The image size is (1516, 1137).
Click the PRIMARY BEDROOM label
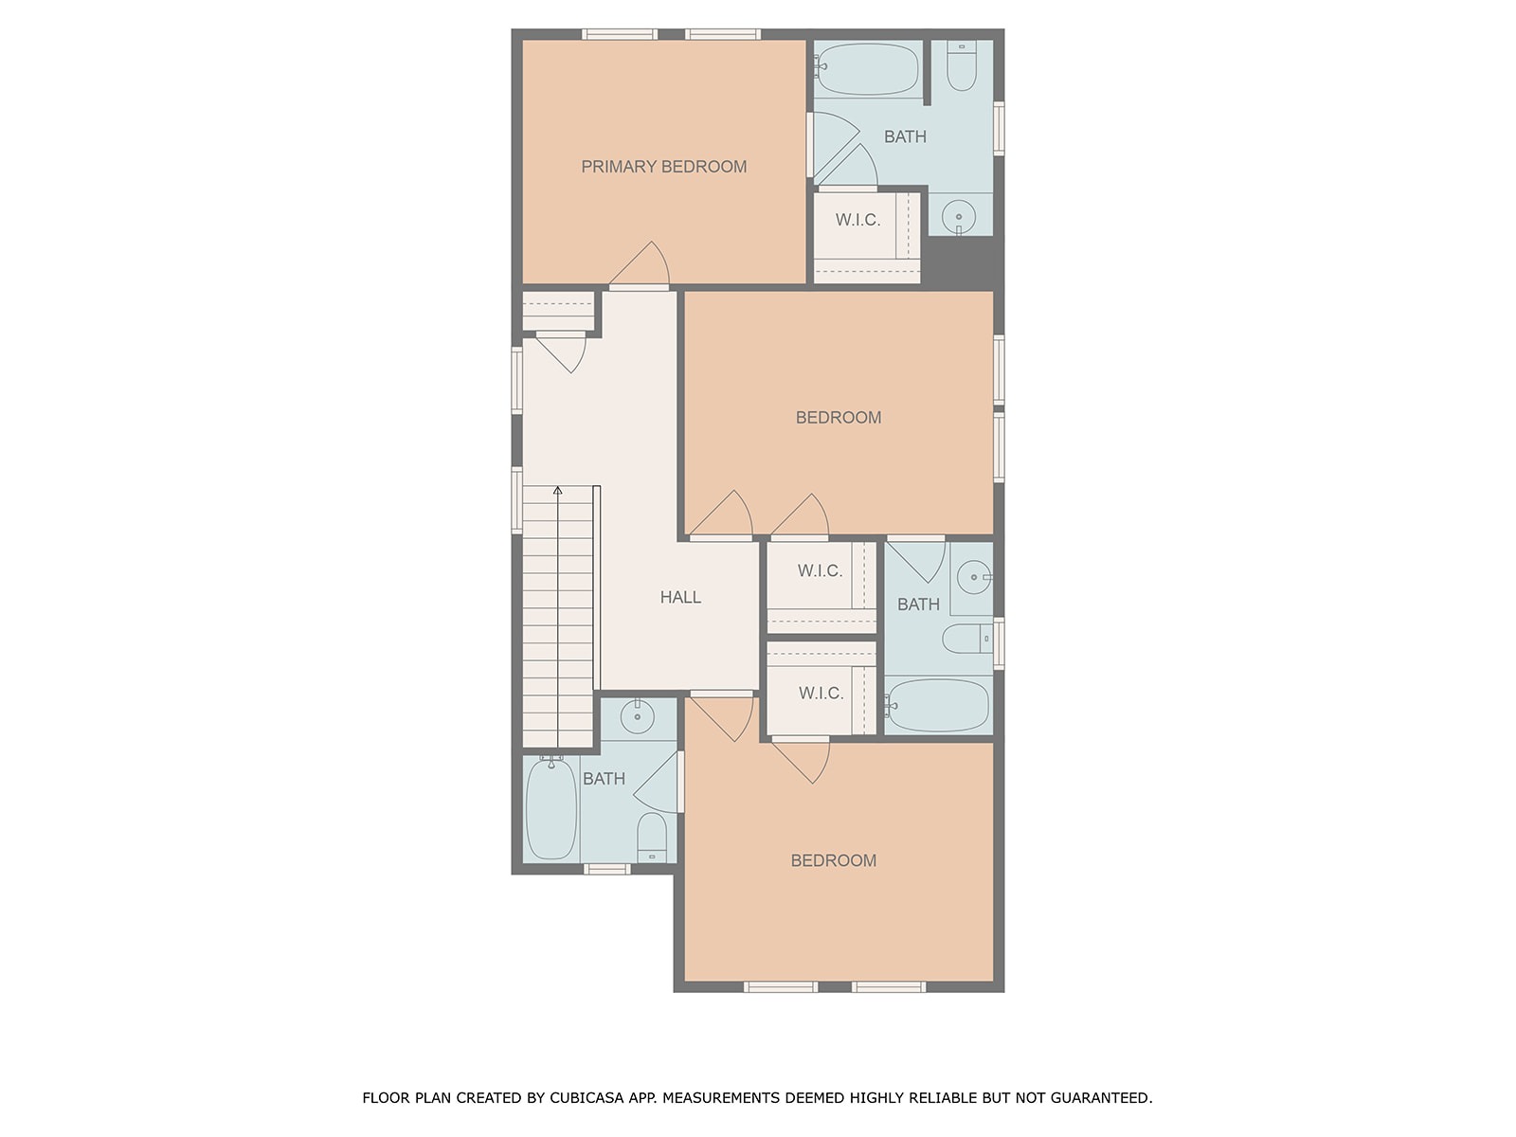click(x=663, y=167)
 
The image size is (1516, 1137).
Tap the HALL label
click(x=680, y=597)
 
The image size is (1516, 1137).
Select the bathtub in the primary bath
click(x=867, y=69)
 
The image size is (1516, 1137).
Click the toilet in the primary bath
click(x=961, y=66)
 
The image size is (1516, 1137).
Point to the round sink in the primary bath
click(x=958, y=217)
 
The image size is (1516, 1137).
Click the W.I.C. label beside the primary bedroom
click(x=857, y=220)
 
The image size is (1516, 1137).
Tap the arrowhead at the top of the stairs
click(x=557, y=491)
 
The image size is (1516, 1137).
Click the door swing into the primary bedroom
click(x=640, y=263)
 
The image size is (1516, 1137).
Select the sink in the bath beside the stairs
click(x=637, y=716)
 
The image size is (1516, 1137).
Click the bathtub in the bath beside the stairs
click(x=551, y=808)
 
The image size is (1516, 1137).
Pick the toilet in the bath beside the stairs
click(x=651, y=837)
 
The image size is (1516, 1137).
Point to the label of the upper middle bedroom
click(x=839, y=418)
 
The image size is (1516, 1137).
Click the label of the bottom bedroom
click(x=834, y=861)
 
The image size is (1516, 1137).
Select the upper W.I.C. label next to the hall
click(x=820, y=571)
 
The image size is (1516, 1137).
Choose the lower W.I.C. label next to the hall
click(x=821, y=694)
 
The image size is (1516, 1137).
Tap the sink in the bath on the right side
click(x=974, y=577)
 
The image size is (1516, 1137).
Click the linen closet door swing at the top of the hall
click(x=562, y=352)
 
